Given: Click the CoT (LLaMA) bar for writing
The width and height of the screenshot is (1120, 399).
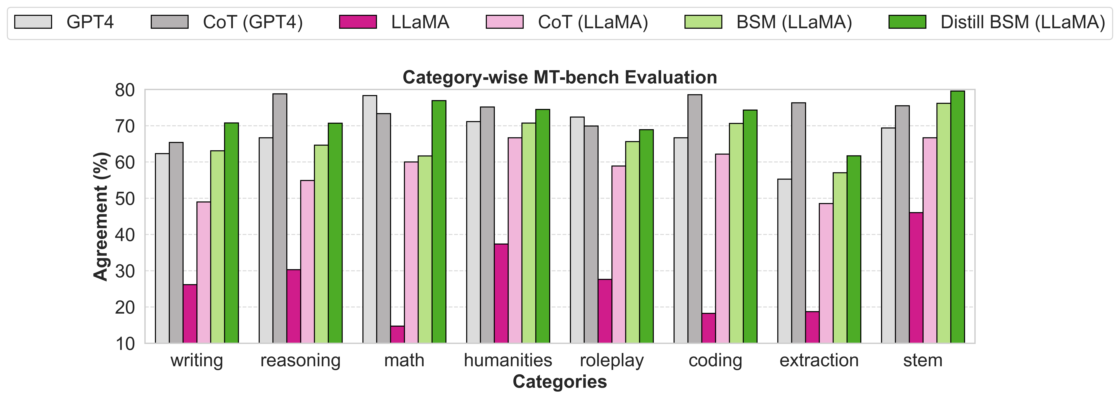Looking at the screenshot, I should pos(203,273).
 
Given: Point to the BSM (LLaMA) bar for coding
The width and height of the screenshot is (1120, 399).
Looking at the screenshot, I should pos(736,233).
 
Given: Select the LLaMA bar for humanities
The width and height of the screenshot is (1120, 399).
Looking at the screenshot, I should pos(501,293).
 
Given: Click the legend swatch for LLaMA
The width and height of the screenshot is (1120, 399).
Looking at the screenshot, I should pos(358,22).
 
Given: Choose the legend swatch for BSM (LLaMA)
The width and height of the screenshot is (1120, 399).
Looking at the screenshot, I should pos(703,22).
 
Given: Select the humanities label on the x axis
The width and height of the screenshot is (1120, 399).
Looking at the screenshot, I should pos(508,360).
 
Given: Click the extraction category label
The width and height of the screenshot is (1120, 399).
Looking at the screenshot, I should pos(819,360).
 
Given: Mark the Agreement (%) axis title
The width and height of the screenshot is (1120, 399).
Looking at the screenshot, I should pos(101,216).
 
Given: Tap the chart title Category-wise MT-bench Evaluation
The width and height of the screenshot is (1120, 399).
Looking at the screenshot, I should pos(560,77).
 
